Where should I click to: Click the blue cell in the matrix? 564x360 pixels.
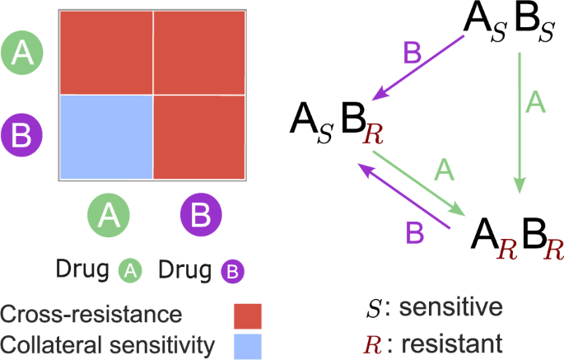(105, 136)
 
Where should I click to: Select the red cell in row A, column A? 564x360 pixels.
(105, 54)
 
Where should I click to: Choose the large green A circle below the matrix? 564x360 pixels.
(110, 216)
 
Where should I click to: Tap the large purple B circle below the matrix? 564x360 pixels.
(201, 216)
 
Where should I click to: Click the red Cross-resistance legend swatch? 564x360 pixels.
(247, 316)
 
